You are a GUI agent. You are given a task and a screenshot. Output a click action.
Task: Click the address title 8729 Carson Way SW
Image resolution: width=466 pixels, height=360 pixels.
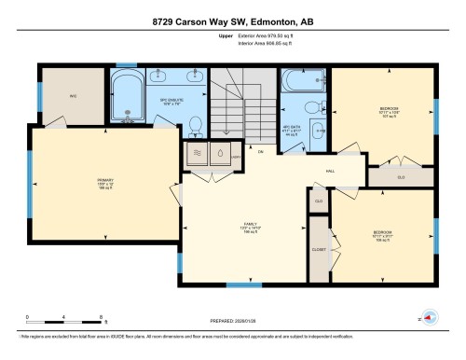233,21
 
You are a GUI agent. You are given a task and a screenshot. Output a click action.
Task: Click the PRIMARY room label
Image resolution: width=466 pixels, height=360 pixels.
104,181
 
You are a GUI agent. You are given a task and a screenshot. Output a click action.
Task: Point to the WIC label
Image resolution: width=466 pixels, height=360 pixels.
72,95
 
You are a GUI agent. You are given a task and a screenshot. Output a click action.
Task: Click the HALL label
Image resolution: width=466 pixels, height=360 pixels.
330,171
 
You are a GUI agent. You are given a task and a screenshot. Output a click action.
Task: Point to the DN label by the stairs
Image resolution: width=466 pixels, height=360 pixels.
261,151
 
